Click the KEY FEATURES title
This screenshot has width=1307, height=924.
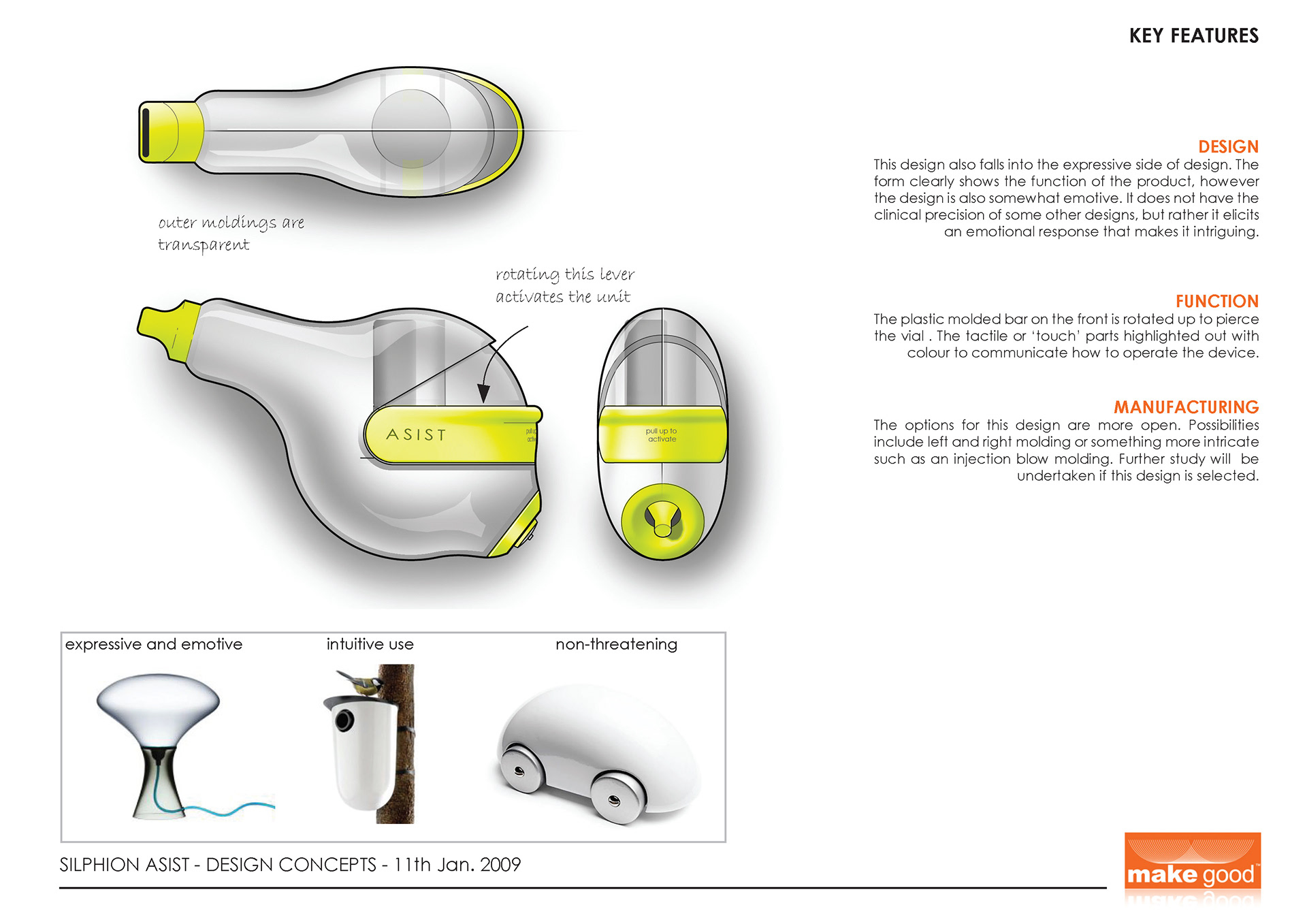click(1193, 35)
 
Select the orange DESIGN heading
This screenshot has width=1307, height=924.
click(1228, 146)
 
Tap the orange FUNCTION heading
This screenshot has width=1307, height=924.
click(1216, 301)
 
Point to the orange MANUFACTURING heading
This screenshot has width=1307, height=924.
click(1186, 407)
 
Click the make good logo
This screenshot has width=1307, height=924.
click(1192, 867)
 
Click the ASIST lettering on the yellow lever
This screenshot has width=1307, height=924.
click(416, 434)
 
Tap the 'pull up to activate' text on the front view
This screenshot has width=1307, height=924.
click(662, 435)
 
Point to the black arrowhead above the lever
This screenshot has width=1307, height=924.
click(483, 393)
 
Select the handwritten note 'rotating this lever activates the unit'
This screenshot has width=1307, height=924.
click(564, 285)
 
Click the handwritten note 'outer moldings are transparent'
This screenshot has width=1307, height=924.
click(230, 233)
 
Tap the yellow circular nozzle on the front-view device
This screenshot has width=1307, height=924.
click(662, 521)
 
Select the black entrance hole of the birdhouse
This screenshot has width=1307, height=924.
click(344, 718)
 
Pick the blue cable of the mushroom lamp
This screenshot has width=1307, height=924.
click(225, 810)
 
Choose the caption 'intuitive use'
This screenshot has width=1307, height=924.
click(370, 644)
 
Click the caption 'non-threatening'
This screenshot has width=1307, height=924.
click(616, 644)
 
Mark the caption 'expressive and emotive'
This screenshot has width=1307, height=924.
click(154, 644)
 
